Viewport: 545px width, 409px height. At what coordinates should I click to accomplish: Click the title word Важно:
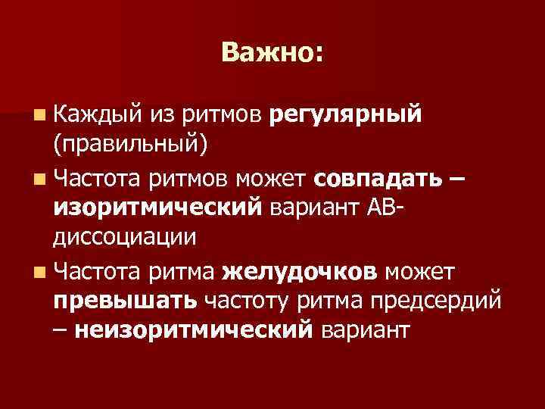pos(272,52)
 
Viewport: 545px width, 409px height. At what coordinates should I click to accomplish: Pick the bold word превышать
pos(126,298)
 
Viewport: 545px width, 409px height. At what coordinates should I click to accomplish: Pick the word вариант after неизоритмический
pos(366,328)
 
